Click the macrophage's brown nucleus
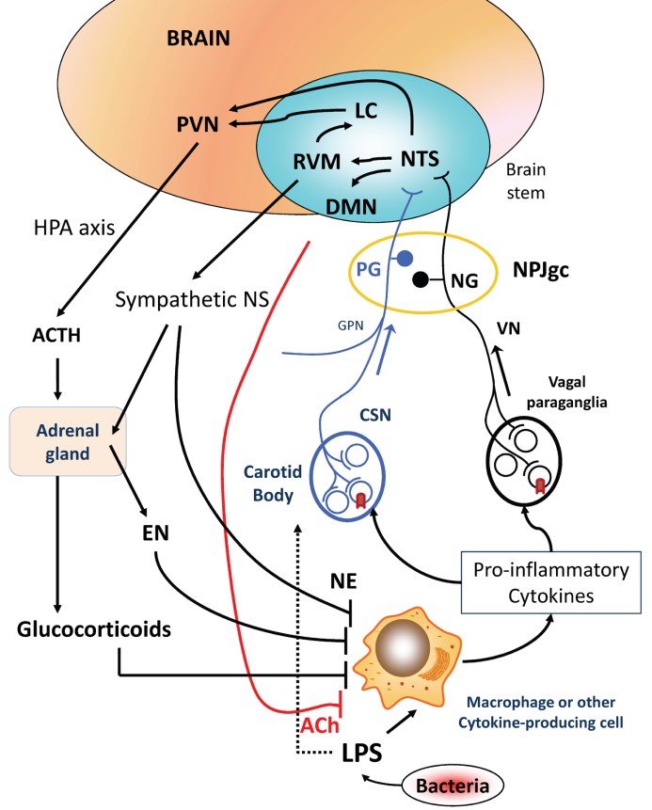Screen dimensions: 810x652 pyautogui.click(x=413, y=649)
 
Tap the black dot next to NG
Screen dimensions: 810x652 pyautogui.click(x=421, y=278)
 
